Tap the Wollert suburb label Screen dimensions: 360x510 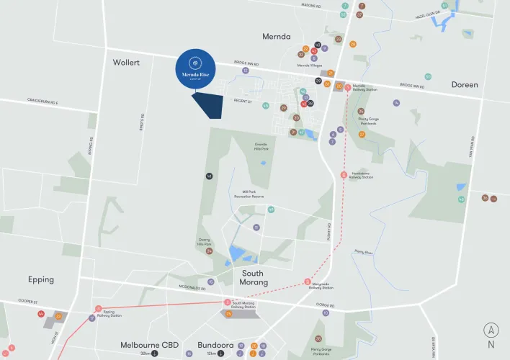point(125,63)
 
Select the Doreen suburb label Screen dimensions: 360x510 point(465,84)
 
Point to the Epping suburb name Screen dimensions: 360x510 point(41,279)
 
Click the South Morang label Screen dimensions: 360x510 point(252,278)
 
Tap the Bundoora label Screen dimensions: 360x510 point(215,345)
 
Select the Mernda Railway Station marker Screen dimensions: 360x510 point(348,87)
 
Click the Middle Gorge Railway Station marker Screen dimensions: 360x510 point(308,281)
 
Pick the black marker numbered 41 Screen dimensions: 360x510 point(209,176)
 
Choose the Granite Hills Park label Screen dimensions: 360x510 point(261,147)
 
